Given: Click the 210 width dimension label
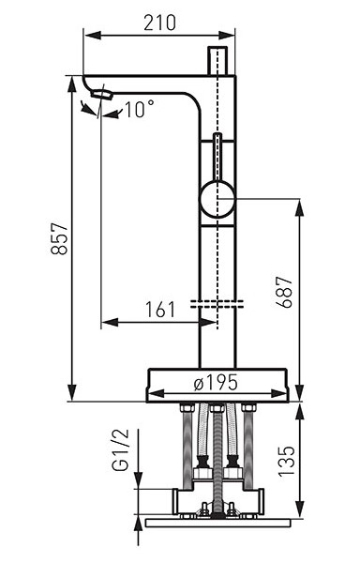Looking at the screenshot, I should pos(160,23).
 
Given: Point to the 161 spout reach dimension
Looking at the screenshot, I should pos(160,310).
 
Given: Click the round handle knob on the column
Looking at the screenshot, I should pos(217,201).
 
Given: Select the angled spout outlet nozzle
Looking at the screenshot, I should pos(101,95).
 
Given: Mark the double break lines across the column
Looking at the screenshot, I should pos(217,303).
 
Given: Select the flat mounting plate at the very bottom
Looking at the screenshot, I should pos(217,521).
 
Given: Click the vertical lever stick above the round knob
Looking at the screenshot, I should pos(217,156).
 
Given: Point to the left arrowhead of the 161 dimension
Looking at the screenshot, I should pos(104,323).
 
